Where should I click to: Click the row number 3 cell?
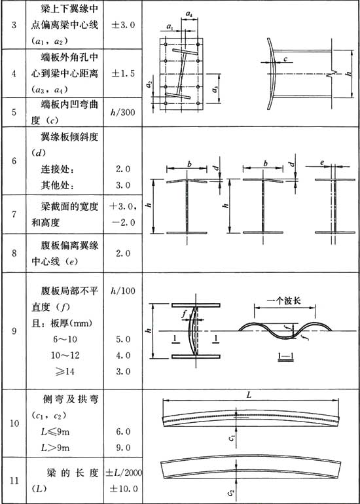[x=14, y=26]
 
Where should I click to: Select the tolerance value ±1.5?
[x=122, y=73]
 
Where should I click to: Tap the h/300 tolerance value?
[x=122, y=113]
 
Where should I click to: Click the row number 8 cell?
[x=14, y=253]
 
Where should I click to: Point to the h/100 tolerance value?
[x=122, y=290]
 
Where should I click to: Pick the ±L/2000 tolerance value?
[x=124, y=473]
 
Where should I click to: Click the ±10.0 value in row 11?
[x=124, y=488]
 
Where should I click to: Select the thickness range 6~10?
[x=64, y=339]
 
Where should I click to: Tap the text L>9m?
[x=56, y=448]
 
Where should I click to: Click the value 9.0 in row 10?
[x=123, y=448]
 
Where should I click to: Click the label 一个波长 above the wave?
[x=285, y=299]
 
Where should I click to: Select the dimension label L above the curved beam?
[x=249, y=395]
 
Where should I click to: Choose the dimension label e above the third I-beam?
[x=322, y=163]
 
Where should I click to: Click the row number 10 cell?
[x=14, y=423]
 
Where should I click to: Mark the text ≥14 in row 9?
[x=64, y=372]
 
